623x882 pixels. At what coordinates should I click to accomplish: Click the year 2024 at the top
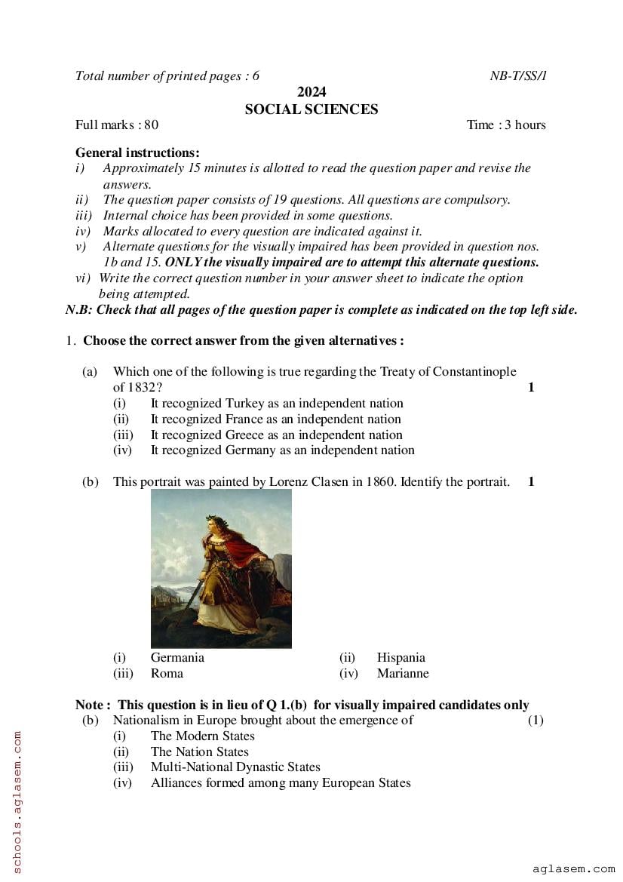tap(311, 92)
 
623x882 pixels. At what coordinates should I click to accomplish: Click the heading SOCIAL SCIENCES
tap(311, 109)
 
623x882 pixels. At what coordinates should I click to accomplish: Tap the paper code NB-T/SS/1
tap(518, 75)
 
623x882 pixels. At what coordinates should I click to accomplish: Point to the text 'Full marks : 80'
tap(117, 125)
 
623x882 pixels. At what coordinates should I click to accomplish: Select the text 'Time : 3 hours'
tap(506, 125)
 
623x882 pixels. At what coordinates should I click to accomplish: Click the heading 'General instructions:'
tap(137, 152)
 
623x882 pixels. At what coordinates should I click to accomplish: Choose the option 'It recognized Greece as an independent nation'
tap(276, 435)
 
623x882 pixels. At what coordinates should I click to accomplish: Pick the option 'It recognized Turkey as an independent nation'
tap(277, 404)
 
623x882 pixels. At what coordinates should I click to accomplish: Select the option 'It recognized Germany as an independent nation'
tap(282, 450)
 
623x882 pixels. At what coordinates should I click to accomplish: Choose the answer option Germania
tap(177, 658)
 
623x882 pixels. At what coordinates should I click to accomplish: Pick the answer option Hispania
tap(401, 658)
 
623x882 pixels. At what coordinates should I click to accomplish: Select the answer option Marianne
tap(403, 674)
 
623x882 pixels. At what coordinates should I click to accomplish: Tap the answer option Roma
tap(167, 674)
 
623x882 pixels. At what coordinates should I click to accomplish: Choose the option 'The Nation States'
tap(199, 751)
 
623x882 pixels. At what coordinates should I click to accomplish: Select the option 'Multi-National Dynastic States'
tap(235, 767)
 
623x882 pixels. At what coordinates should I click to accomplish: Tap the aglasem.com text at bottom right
tap(573, 869)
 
